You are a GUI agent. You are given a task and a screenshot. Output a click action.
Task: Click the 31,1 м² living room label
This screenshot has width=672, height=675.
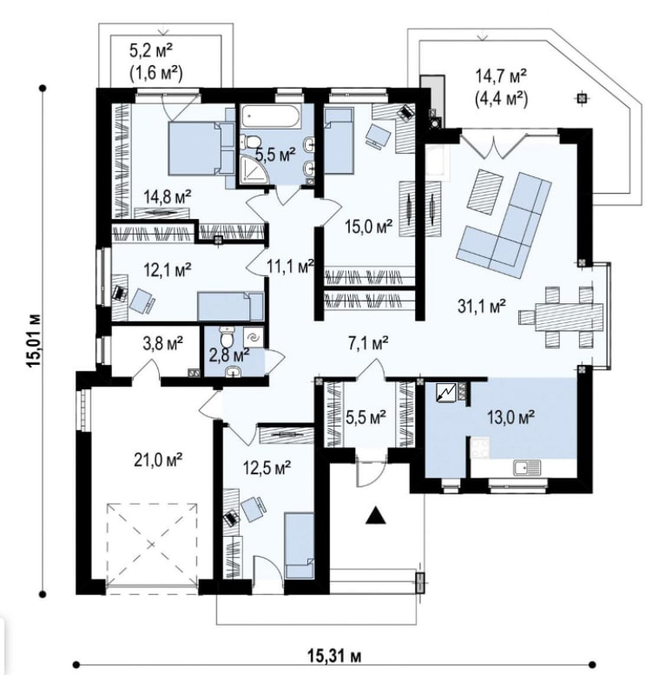[481, 307]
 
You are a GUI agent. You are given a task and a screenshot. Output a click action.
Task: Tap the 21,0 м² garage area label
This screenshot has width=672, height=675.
[158, 460]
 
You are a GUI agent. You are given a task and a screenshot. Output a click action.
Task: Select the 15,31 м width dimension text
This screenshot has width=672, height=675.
[334, 656]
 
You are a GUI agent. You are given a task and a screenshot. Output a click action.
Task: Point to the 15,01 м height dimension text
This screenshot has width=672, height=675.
[34, 340]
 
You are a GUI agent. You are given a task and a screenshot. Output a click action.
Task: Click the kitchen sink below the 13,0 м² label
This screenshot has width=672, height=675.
[527, 468]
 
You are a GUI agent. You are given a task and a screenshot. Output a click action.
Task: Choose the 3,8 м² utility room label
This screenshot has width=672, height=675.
[162, 342]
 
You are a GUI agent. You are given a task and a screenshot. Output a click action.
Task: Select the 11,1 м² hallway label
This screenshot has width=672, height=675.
[289, 267]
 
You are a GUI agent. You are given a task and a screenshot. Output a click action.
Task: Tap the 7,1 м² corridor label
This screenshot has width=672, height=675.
[368, 343]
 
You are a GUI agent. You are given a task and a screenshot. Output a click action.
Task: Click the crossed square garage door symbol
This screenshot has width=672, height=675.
[152, 544]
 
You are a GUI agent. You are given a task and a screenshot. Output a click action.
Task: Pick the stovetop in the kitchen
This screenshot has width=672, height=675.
[480, 447]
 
